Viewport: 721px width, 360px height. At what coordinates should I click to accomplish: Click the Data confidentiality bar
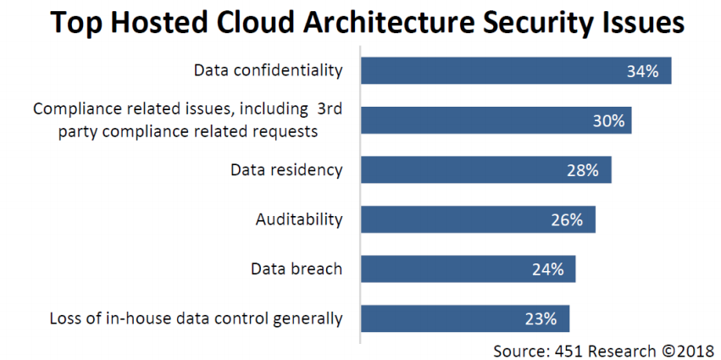[x=516, y=71]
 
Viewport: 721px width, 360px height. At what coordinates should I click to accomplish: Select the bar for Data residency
[x=486, y=170]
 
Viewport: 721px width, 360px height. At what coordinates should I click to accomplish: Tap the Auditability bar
[x=478, y=219]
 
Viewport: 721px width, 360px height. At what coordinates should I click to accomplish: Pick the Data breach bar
[x=468, y=269]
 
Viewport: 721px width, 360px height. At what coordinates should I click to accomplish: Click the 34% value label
[x=643, y=71]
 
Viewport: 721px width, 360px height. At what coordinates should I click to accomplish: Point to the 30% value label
[x=608, y=121]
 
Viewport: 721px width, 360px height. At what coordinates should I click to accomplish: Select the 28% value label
[x=583, y=170]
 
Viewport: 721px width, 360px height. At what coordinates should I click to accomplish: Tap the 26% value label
[x=567, y=220]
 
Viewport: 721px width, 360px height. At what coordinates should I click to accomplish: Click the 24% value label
[x=548, y=270]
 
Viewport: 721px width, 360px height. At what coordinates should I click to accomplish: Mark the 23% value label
[x=541, y=319]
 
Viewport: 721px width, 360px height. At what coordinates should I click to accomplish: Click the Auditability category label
[x=299, y=219]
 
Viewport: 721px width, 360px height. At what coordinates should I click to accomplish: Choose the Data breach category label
[x=297, y=269]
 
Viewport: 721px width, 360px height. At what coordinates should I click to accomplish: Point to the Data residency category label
[x=286, y=170]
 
